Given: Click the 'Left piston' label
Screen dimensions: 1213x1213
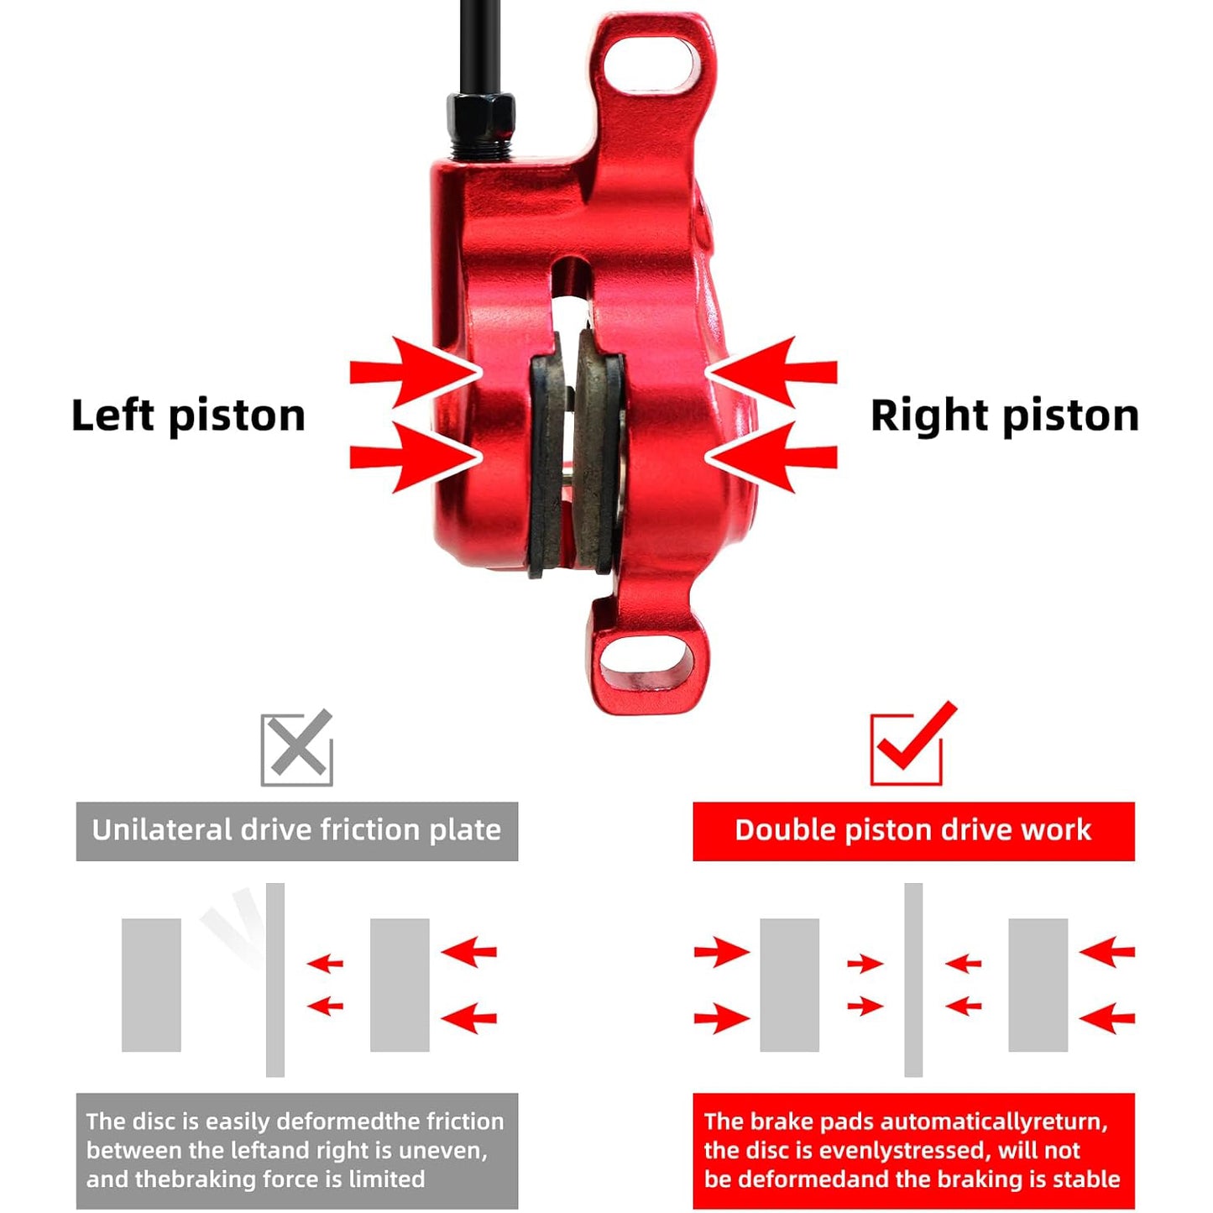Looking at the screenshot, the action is pyautogui.click(x=188, y=416).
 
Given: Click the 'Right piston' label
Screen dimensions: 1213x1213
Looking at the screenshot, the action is pyautogui.click(x=1005, y=416).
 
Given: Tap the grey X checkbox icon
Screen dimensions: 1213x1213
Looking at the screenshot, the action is pyautogui.click(x=297, y=749).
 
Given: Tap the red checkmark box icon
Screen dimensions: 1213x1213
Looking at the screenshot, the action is pyautogui.click(x=912, y=744).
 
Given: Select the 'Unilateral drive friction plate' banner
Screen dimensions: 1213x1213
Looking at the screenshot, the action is pyautogui.click(x=297, y=831).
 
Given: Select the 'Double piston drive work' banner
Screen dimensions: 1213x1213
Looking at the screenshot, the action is pyautogui.click(x=913, y=831).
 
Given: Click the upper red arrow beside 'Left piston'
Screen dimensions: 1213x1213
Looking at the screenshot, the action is pyautogui.click(x=416, y=372).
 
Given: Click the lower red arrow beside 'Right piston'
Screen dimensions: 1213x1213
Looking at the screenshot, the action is pyautogui.click(x=771, y=457).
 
